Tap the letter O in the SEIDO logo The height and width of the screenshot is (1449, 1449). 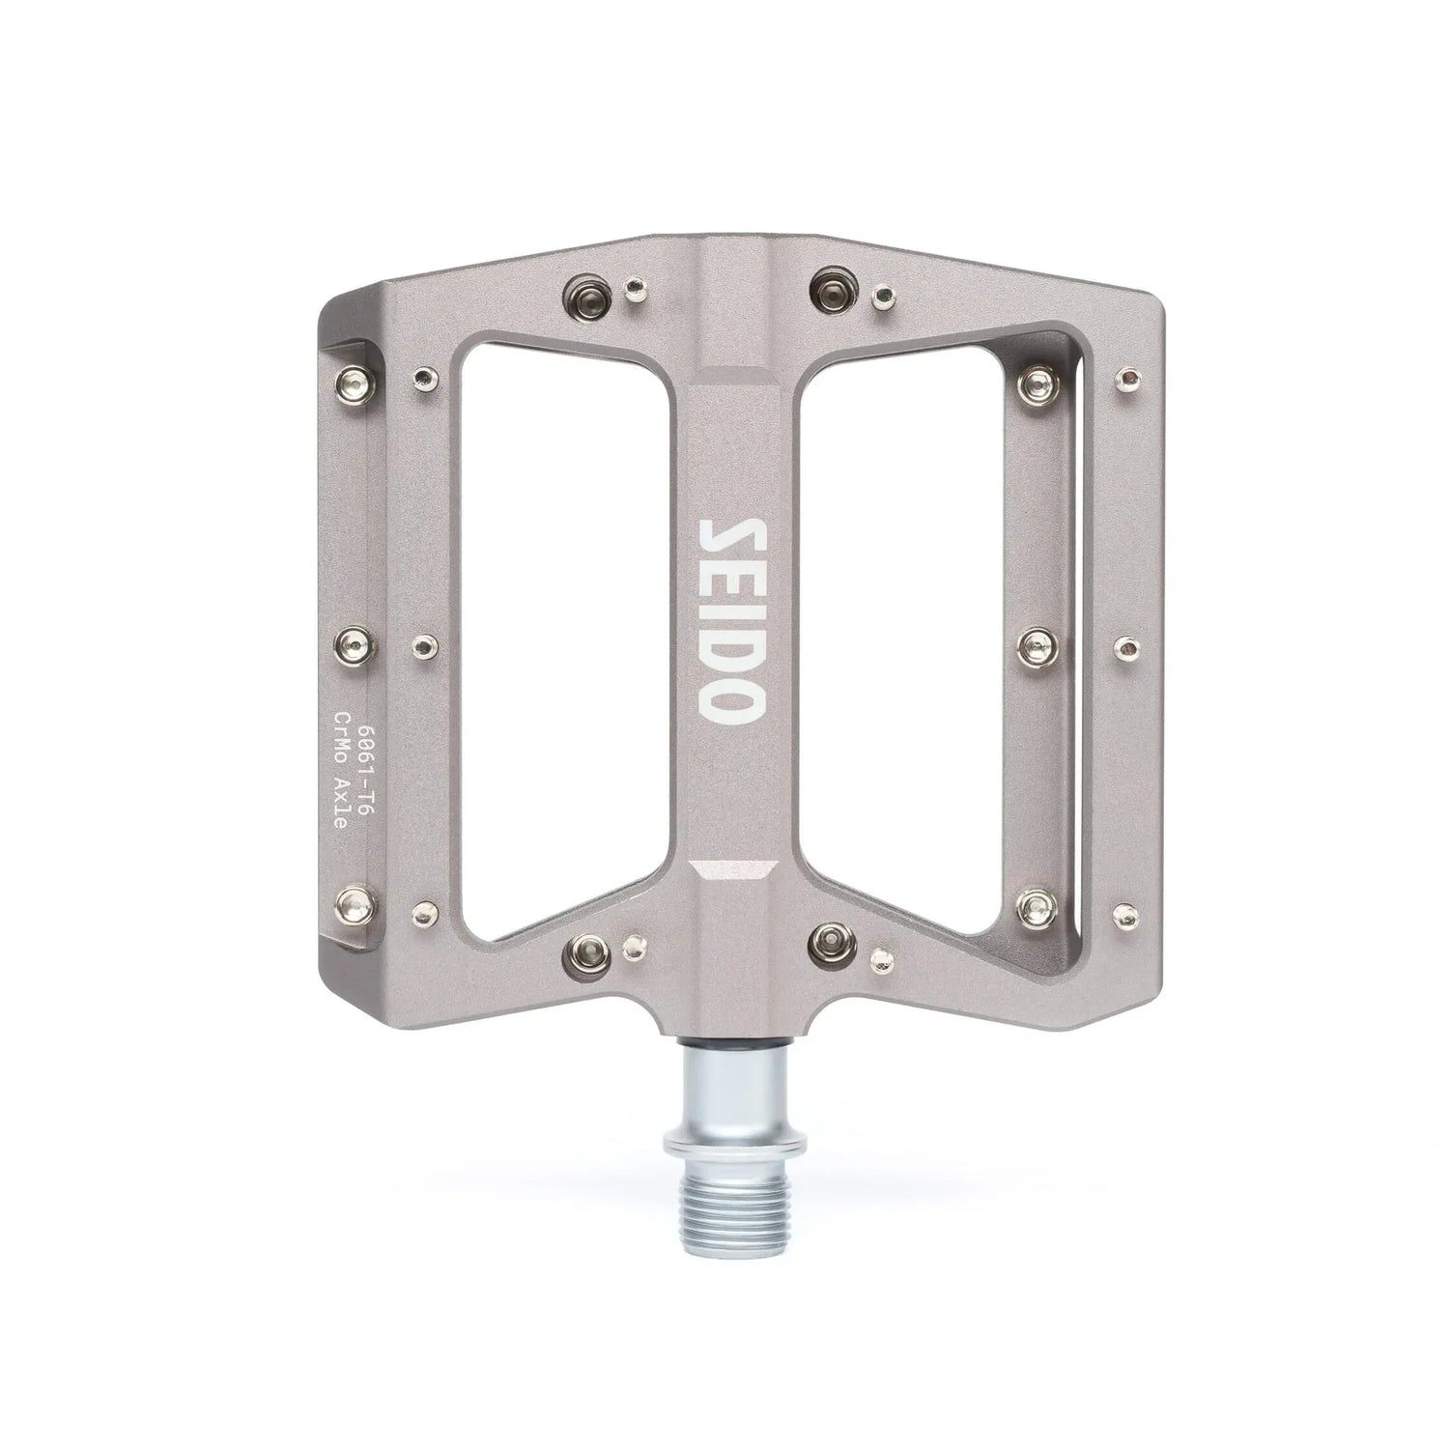(x=732, y=701)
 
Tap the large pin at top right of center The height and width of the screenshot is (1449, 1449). (x=832, y=285)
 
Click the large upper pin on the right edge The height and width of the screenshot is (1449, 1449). (x=1039, y=384)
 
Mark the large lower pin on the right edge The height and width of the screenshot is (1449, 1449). (x=1038, y=905)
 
